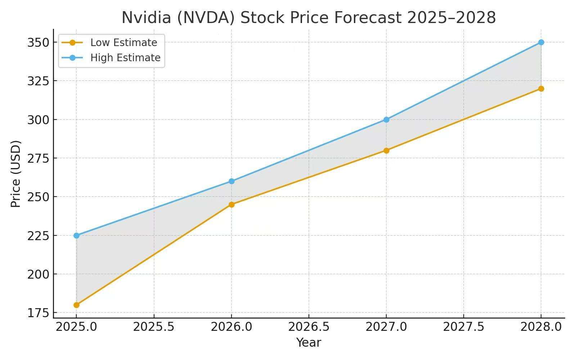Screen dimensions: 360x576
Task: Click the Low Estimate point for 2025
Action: (x=76, y=305)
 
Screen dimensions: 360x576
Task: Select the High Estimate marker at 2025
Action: (x=76, y=235)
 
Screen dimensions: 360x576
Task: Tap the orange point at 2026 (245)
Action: (x=231, y=204)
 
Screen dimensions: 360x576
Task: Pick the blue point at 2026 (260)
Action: (x=231, y=181)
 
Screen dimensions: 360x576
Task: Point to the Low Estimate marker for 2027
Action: (x=386, y=150)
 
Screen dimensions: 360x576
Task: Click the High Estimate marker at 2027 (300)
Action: (x=386, y=120)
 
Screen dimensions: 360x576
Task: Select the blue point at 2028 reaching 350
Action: (x=541, y=42)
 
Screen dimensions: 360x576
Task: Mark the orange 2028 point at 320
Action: (x=541, y=89)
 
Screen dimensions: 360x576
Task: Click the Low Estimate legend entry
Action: (x=123, y=42)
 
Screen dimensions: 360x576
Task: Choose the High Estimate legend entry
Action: (x=125, y=58)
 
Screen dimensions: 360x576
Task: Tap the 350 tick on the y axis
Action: (x=38, y=42)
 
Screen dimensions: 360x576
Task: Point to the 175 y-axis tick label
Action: (x=38, y=313)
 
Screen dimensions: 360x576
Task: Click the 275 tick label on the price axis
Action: (x=38, y=158)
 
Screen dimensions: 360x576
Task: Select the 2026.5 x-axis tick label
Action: (x=309, y=327)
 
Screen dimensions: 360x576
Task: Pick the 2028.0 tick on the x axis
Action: (x=541, y=327)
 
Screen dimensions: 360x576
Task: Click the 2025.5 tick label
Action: (x=154, y=327)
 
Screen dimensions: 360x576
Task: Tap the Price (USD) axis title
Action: (x=15, y=174)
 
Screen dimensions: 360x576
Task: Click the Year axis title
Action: (x=309, y=342)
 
